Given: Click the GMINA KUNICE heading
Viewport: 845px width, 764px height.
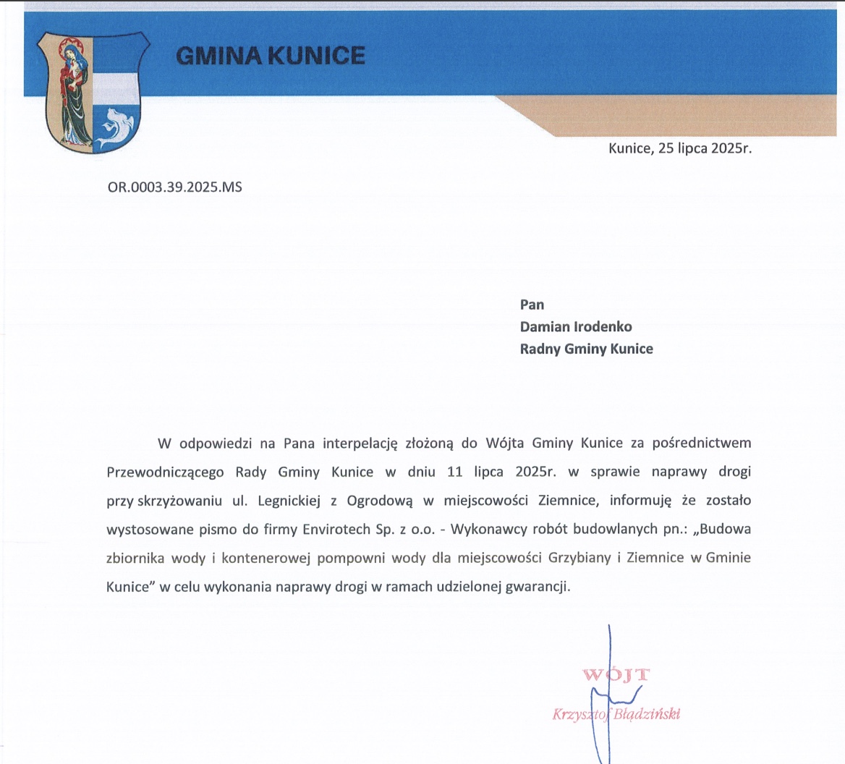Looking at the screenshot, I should (271, 56).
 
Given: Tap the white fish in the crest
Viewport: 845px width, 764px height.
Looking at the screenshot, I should (116, 127).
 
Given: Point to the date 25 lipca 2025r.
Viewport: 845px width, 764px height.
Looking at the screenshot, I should (705, 149).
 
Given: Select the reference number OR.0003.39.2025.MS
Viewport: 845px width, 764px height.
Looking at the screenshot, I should (174, 187).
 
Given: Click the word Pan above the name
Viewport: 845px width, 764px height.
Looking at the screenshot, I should (532, 305).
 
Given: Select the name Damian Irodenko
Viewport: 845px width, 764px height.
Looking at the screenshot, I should (576, 326).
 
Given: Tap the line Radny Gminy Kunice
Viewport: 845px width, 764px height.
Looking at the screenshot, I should (586, 349).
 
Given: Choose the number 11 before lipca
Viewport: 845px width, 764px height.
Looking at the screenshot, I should (454, 472).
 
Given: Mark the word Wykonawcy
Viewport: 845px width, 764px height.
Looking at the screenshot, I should (485, 530).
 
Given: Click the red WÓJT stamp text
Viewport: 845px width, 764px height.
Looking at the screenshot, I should (616, 676).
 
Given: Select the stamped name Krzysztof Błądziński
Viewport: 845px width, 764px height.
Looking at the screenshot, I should (616, 715).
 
